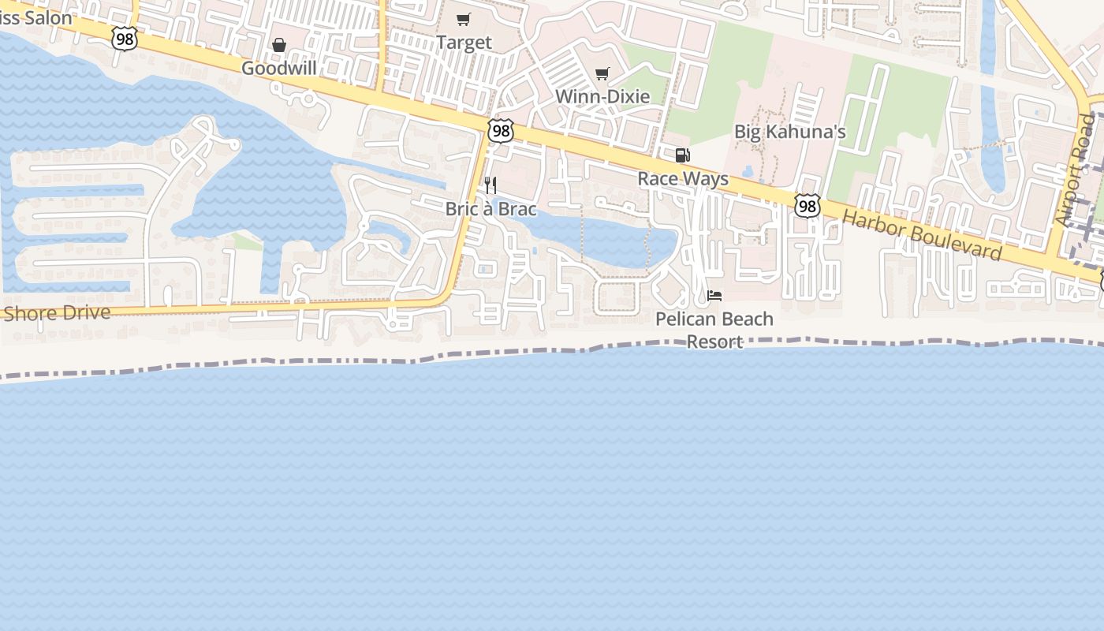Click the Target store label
coord(464,43)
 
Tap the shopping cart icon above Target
coord(464,20)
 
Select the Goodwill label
coord(278,68)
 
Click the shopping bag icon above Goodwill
coord(279,45)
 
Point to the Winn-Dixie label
coord(602,96)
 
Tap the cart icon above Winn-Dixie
coord(602,73)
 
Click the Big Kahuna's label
coord(789,131)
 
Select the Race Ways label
coord(683,178)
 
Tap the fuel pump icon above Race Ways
coord(682,155)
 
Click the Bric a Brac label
coord(490,209)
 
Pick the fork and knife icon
coord(490,185)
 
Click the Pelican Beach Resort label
coord(714,330)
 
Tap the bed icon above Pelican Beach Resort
coord(714,296)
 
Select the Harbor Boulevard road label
coord(922,235)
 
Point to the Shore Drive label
coord(57,313)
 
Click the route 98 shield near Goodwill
coord(124,38)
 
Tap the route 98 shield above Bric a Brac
coord(501,130)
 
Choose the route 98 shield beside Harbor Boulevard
coord(807,206)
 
